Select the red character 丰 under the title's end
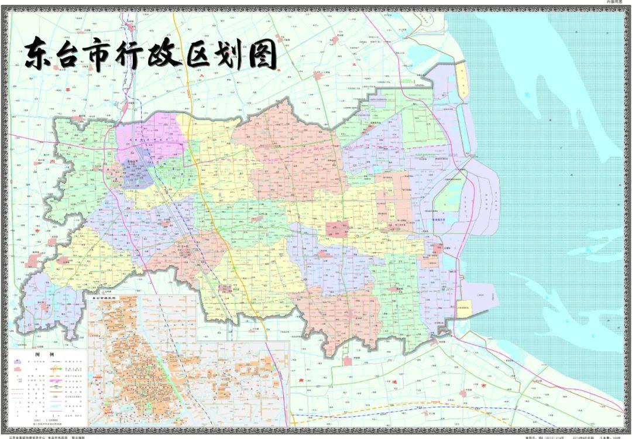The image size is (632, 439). [280, 71]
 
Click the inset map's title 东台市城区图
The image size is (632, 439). [103, 298]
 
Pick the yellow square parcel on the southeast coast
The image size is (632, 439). [463, 308]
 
